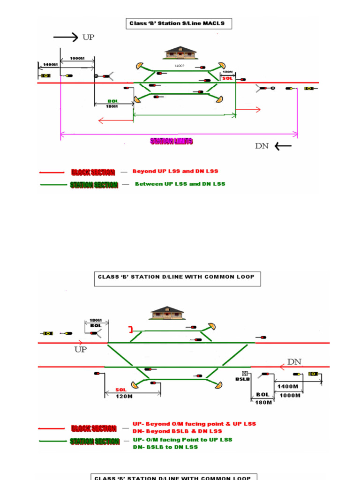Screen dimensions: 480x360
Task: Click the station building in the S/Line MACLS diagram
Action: (180, 52)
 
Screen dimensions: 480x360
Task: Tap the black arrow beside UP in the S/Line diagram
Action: (66, 37)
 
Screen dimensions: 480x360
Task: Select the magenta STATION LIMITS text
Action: (171, 141)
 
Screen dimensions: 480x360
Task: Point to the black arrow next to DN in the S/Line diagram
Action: (283, 146)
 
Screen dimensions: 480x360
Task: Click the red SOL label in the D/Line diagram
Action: (121, 390)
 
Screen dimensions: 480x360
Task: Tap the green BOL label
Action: (113, 101)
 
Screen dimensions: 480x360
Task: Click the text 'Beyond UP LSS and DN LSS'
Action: (175, 171)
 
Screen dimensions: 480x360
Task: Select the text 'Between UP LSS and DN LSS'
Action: (180, 184)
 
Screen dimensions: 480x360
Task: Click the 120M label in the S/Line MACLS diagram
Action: (227, 72)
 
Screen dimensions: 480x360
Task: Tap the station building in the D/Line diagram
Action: (167, 313)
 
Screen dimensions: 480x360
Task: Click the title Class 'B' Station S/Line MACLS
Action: (179, 23)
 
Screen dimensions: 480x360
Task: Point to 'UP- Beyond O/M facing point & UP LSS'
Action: (194, 424)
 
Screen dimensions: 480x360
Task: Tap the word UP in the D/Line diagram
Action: (81, 350)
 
